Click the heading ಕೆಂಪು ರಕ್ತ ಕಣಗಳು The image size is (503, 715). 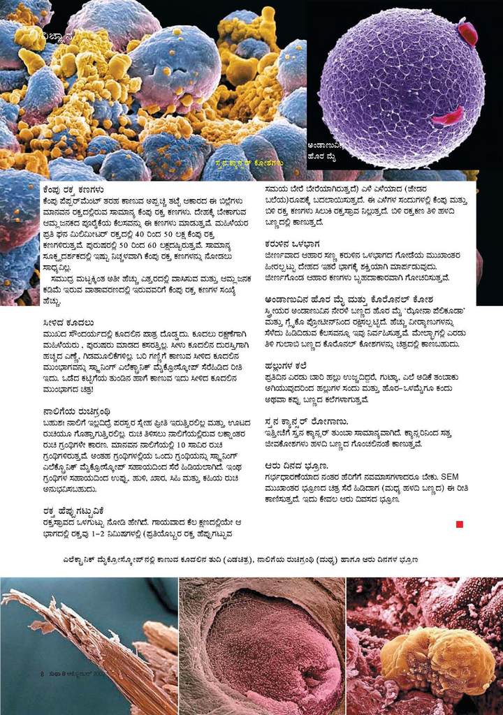(73, 188)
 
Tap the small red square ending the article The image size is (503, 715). (459, 524)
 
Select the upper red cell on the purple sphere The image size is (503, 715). (467, 31)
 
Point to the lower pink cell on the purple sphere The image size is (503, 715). (446, 117)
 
